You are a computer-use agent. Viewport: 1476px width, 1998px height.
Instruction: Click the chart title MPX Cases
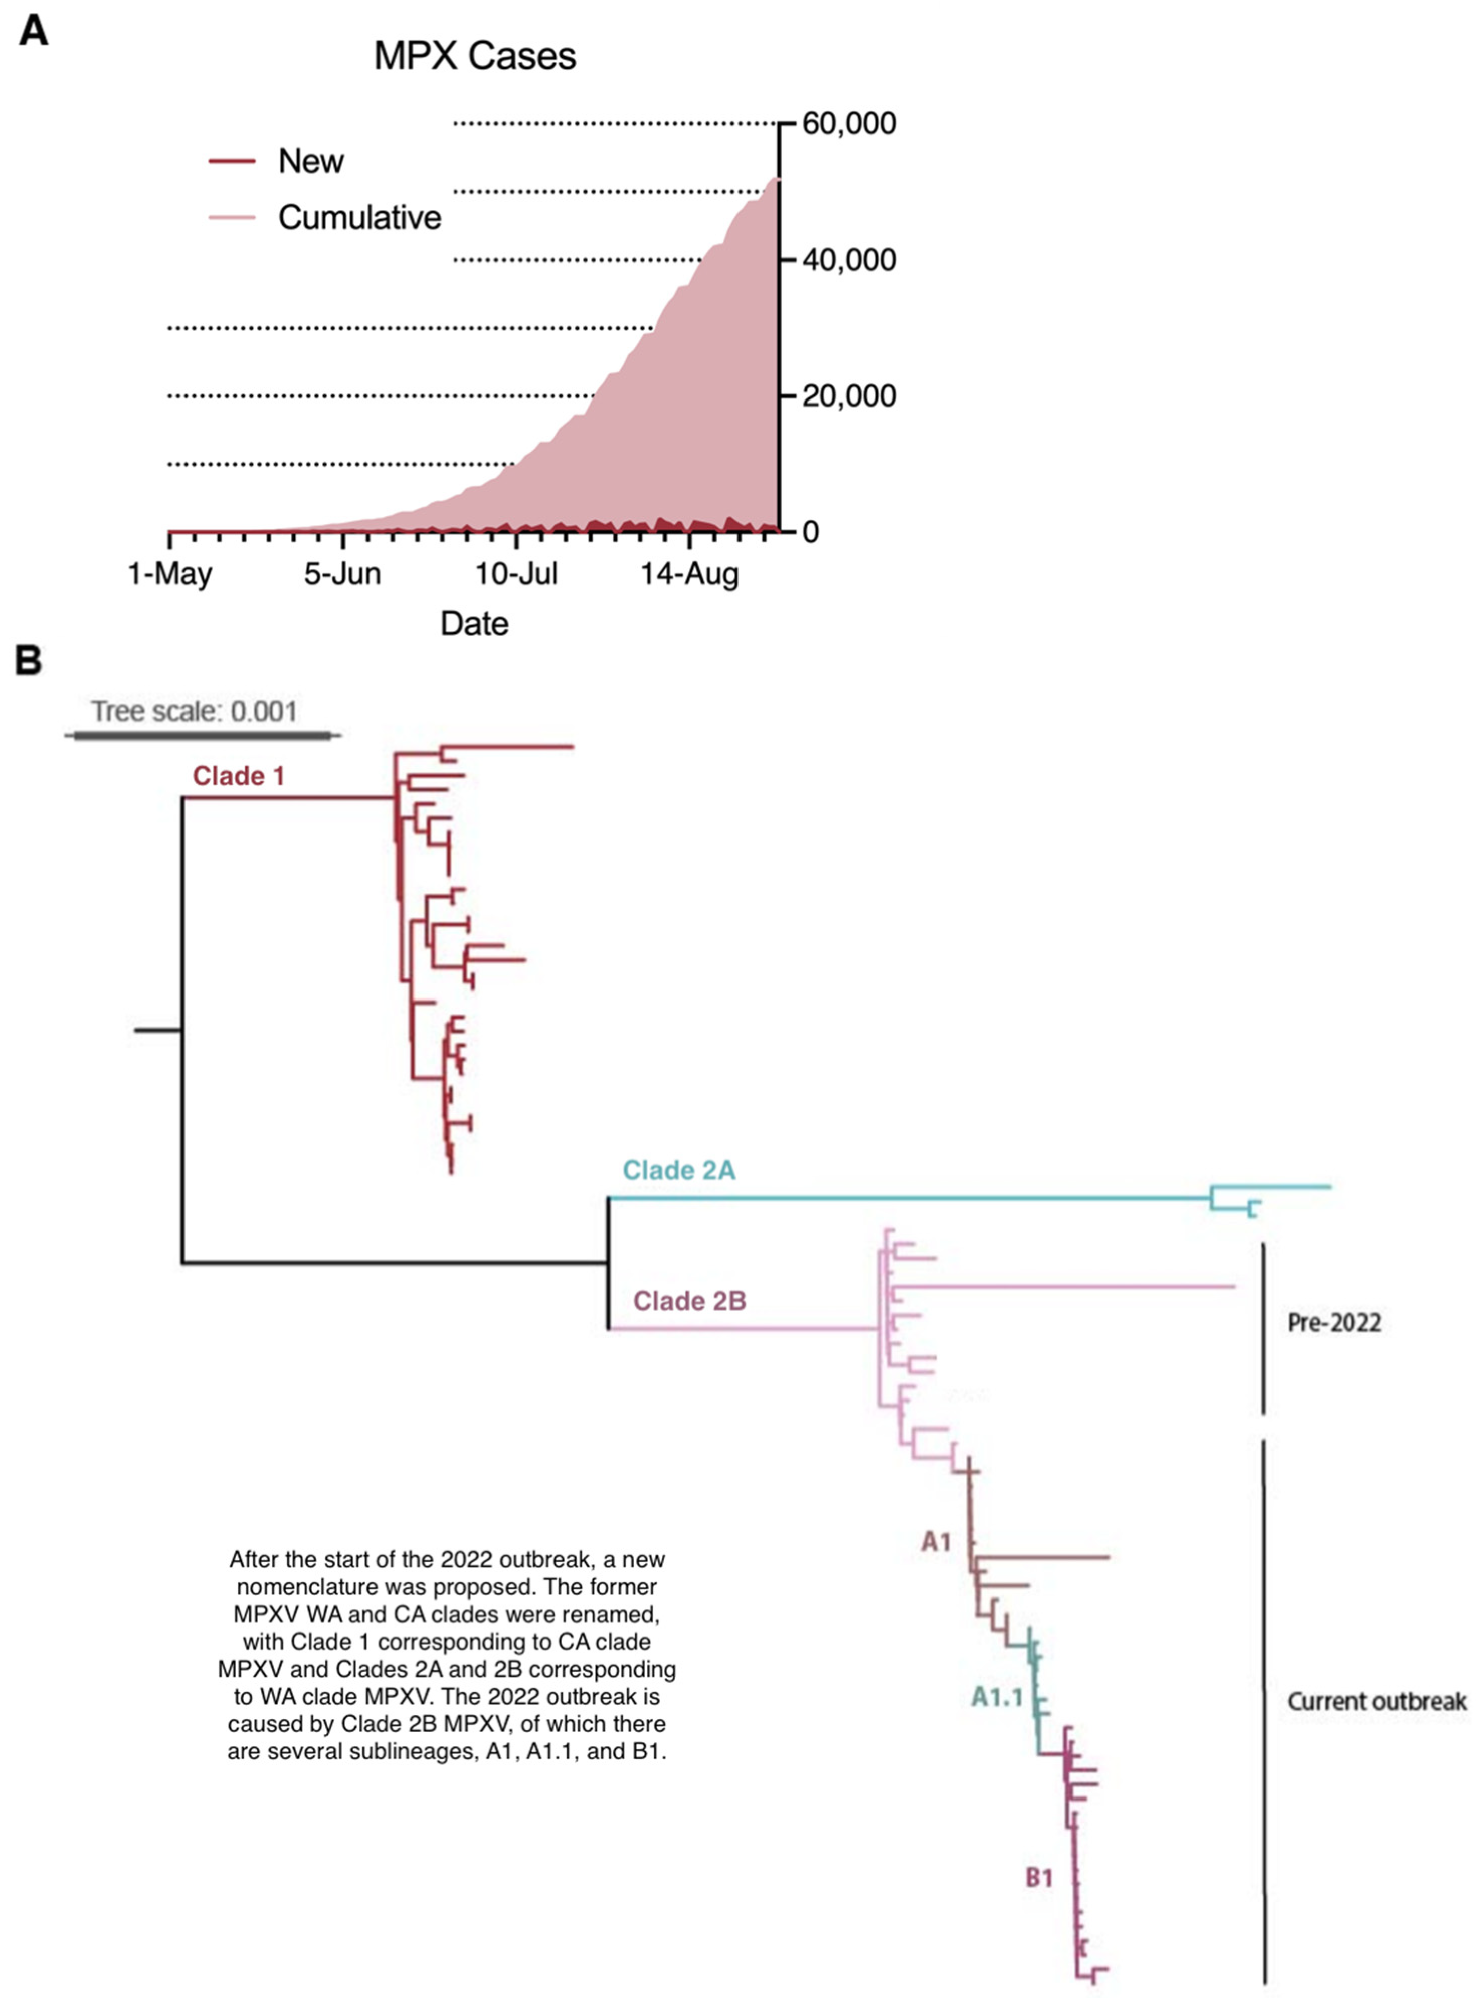474,56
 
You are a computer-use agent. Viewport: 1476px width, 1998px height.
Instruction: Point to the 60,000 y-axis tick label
848,123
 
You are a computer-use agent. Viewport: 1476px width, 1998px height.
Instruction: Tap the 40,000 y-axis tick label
848,260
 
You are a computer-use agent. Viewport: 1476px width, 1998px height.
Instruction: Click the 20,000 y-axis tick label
848,395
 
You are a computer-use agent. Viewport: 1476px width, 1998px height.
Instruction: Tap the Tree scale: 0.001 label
194,712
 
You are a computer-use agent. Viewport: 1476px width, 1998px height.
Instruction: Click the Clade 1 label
239,776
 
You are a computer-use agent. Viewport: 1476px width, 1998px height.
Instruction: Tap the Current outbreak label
1376,1701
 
